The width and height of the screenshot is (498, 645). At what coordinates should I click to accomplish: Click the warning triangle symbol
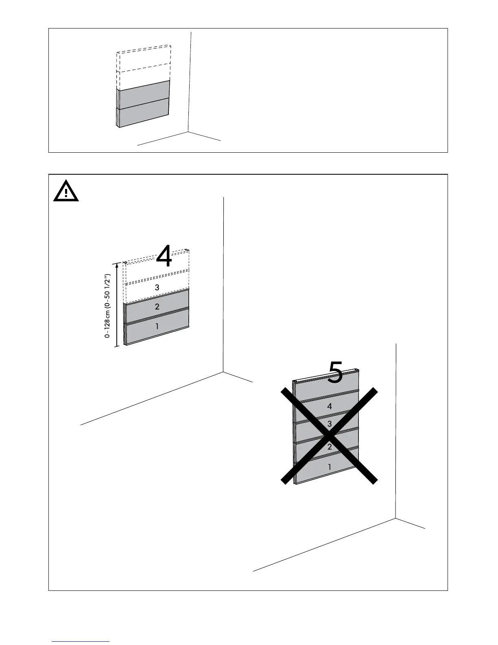[66, 191]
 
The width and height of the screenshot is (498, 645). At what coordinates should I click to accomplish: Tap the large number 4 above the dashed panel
[164, 256]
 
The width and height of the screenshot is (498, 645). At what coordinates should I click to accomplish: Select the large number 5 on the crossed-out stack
[335, 372]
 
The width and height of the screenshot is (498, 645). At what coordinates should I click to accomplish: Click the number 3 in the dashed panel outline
[157, 287]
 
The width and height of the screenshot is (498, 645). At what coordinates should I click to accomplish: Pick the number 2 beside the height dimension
[157, 307]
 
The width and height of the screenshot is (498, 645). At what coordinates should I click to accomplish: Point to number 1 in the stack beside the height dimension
[157, 326]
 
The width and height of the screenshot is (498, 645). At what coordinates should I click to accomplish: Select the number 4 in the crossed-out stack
[330, 406]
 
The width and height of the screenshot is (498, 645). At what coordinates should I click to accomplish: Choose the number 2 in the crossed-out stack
[330, 447]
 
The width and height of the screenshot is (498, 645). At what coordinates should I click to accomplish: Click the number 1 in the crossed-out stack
[330, 467]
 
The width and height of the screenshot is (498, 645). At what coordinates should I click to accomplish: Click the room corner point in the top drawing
[188, 132]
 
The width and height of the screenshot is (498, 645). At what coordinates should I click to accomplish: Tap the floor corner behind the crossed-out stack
[395, 518]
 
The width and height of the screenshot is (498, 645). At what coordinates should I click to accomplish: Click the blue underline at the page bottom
[81, 642]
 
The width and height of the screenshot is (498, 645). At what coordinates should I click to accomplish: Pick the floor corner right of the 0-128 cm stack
[223, 372]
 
